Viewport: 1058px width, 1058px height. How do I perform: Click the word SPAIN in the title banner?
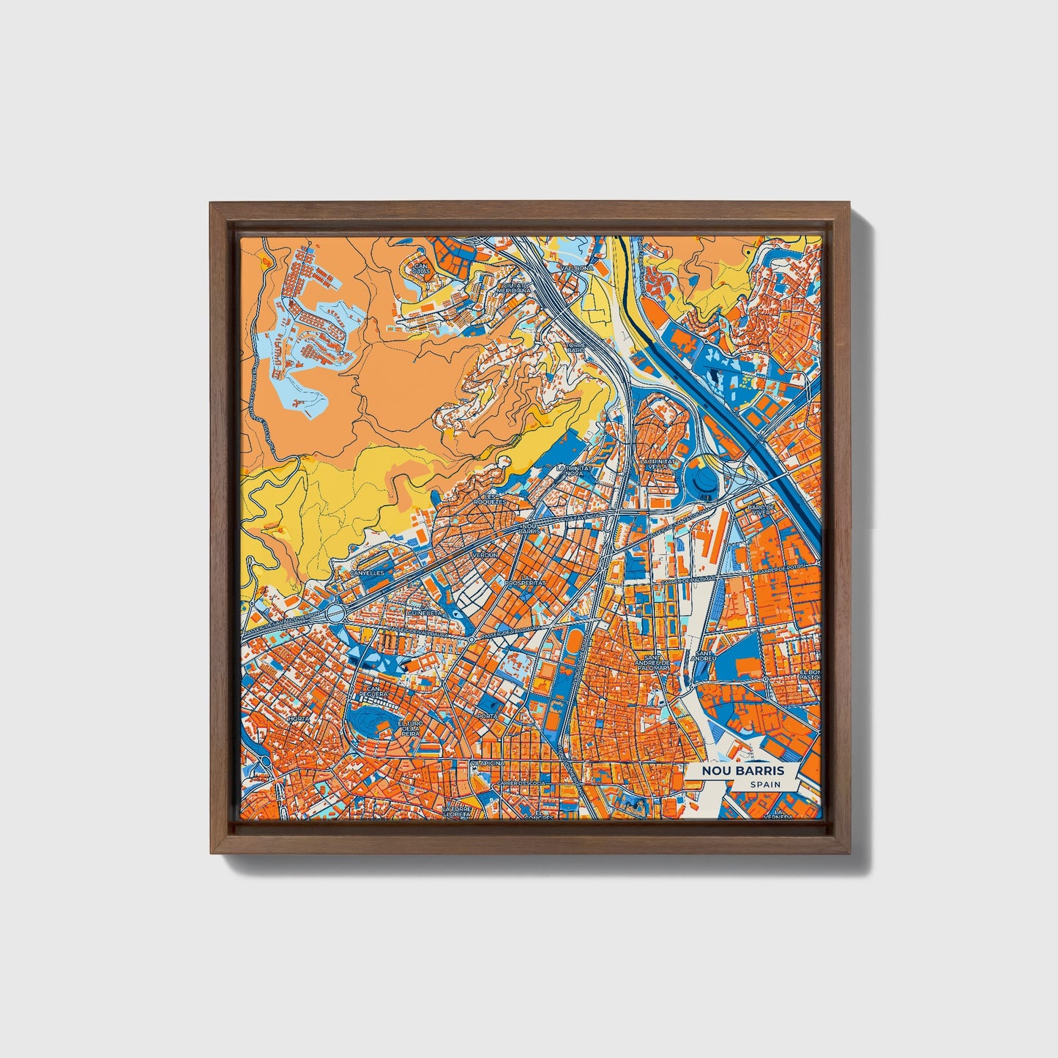coord(765,784)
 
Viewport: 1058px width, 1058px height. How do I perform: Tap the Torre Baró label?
coord(578,347)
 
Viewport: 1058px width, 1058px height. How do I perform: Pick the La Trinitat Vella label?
coord(656,466)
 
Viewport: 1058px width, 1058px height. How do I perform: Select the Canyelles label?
coord(367,573)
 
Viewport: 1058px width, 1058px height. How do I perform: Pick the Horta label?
coord(298,719)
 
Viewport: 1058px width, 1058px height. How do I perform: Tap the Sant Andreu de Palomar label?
coord(654,663)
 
